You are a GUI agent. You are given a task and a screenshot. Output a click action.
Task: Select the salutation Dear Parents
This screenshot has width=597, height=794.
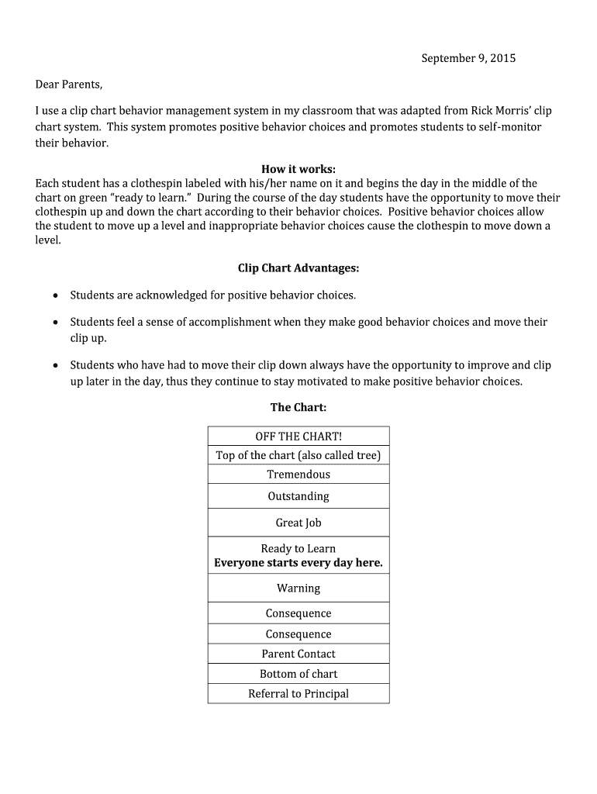69,84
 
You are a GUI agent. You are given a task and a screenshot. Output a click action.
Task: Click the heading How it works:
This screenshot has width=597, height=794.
298,169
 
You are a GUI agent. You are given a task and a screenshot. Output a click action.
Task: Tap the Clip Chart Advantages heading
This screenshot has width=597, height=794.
298,268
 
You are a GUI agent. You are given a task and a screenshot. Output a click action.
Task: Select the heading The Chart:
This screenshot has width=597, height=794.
298,407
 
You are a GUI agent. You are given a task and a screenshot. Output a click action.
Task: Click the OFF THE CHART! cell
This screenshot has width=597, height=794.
298,437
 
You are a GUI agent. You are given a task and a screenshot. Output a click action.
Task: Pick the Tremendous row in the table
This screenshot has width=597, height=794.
298,475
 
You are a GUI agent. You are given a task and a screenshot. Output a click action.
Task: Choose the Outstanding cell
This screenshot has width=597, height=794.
298,496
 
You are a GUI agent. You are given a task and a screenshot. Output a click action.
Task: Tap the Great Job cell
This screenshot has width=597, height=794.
298,523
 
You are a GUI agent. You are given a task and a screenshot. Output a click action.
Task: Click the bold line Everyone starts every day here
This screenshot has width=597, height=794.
298,563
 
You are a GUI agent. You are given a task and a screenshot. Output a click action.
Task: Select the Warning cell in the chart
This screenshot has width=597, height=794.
298,589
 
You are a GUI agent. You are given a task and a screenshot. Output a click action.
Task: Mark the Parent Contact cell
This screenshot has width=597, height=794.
298,654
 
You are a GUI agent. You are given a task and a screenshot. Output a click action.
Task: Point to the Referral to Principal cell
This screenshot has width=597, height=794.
298,694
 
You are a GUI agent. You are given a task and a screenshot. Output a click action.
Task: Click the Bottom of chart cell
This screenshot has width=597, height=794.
298,674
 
